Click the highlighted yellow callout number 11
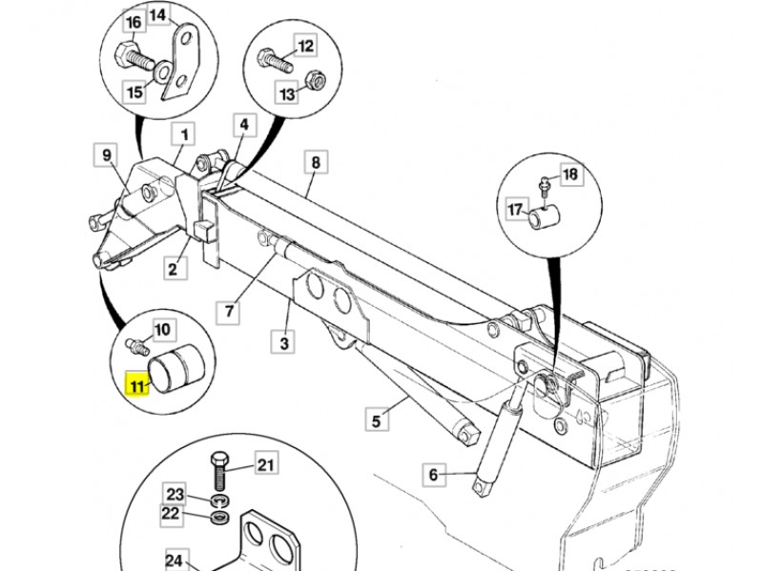point(136,385)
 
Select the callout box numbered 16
point(134,23)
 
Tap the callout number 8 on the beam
point(316,162)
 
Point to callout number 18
point(570,174)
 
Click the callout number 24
point(174,561)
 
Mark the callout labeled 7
point(229,311)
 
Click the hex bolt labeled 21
point(219,472)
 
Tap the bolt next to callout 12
point(275,60)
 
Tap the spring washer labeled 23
point(221,500)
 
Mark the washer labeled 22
point(221,517)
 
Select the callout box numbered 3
point(284,342)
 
